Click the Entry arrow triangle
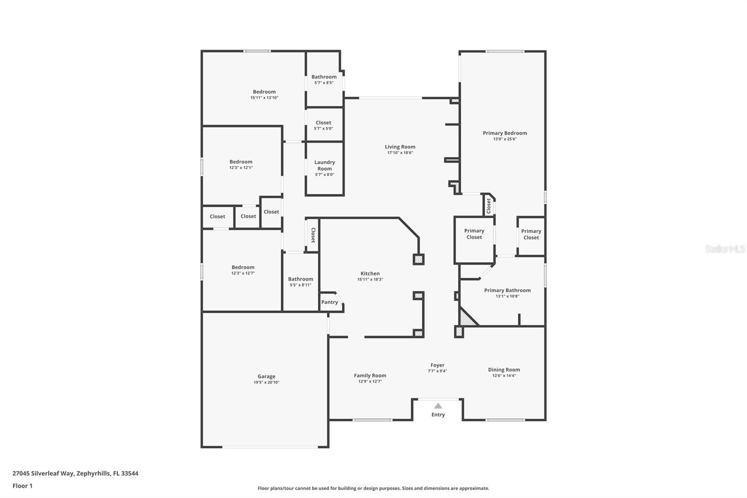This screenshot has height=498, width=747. tap(438, 406)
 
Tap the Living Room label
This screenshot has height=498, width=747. tap(400, 147)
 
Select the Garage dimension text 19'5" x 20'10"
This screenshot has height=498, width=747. tap(266, 383)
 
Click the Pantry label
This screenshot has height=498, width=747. tap(330, 302)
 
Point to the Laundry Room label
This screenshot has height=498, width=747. tap(324, 165)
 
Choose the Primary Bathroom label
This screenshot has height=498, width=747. tap(507, 290)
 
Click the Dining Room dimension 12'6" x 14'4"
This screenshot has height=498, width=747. tap(504, 376)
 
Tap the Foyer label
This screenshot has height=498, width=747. tap(437, 365)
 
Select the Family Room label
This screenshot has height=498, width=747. tap(370, 375)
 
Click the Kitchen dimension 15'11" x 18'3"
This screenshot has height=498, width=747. tap(370, 279)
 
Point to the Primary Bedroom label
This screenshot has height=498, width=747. tap(505, 133)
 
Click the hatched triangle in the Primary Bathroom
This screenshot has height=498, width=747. tap(466, 319)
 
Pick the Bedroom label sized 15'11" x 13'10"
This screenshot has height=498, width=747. tap(264, 92)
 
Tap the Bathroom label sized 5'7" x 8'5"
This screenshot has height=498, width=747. tap(324, 77)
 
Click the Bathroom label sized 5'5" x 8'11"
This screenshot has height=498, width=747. tap(300, 279)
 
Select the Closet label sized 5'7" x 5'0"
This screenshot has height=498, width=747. tap(323, 123)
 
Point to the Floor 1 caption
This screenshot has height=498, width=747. tap(22, 486)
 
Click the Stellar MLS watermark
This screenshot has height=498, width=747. tap(725, 249)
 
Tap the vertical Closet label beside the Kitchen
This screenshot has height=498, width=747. tap(313, 235)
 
